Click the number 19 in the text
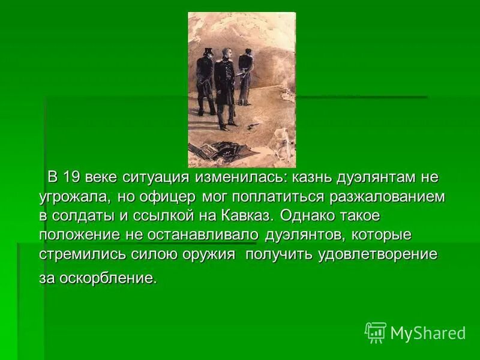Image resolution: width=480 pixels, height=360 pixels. [71, 178]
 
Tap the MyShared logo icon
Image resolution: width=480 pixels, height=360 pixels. [375, 332]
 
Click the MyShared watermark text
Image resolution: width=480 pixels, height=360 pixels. [428, 333]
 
